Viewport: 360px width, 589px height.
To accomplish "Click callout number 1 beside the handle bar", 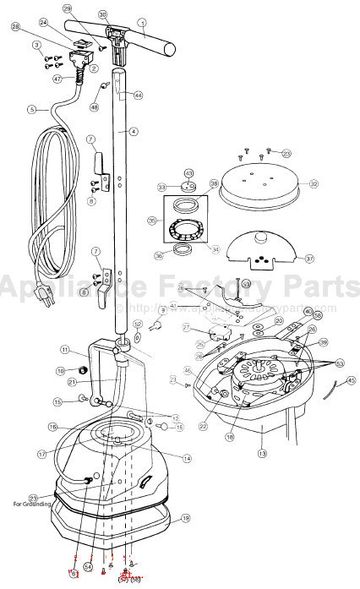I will [x=143, y=21].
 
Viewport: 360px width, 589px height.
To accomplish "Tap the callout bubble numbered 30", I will [x=103, y=14].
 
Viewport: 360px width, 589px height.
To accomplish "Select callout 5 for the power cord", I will [x=31, y=109].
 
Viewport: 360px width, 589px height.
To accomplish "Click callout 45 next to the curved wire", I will [x=351, y=381].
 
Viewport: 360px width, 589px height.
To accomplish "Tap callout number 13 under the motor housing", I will [x=262, y=454].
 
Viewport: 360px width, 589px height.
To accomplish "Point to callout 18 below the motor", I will [x=229, y=437].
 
